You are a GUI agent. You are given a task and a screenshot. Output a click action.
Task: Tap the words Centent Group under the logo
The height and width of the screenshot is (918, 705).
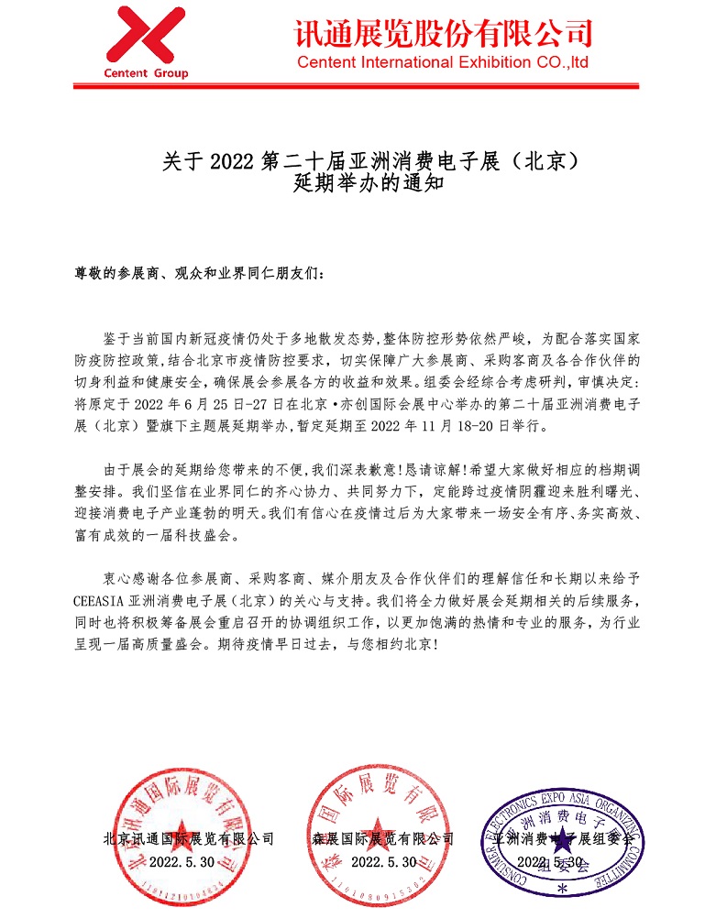click(x=147, y=73)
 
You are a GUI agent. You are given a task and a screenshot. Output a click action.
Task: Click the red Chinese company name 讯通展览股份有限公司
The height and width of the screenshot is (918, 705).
click(x=443, y=33)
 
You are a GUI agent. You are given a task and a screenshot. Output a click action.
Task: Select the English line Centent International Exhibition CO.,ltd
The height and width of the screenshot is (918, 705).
click(x=443, y=63)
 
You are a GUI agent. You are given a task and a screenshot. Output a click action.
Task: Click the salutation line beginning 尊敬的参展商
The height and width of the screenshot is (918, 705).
click(x=198, y=273)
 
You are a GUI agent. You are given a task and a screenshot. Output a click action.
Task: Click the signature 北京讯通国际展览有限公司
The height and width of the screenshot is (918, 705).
click(x=189, y=838)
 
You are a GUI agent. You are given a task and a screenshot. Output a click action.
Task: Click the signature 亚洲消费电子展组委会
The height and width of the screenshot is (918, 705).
click(x=564, y=838)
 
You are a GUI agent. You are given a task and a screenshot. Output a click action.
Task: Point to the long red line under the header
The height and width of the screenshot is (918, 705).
click(x=352, y=87)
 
